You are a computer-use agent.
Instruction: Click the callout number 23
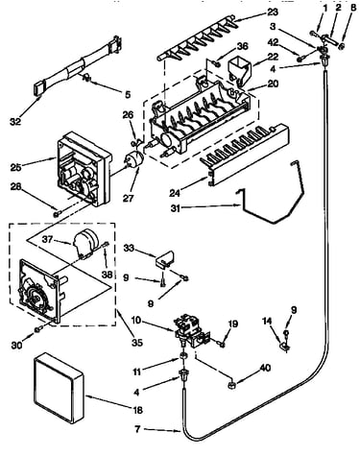click(272, 12)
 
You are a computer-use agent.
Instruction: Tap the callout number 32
click(15, 121)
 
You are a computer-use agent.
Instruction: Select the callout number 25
click(15, 167)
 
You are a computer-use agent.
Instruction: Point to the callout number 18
click(138, 410)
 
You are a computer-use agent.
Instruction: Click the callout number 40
click(264, 369)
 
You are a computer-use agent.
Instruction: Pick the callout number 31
click(177, 208)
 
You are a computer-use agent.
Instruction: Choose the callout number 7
click(137, 429)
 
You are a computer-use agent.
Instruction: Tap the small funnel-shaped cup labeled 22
click(240, 71)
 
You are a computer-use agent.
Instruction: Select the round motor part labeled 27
click(133, 159)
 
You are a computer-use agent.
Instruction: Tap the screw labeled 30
click(39, 329)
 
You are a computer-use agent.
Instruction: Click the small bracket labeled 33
click(166, 258)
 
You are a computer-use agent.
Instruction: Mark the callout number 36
click(243, 46)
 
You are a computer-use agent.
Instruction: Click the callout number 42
click(274, 42)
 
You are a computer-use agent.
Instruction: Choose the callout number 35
click(137, 343)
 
